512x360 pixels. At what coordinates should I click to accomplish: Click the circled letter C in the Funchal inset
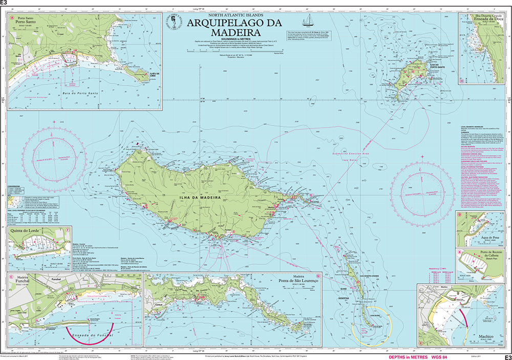tap(11, 277)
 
